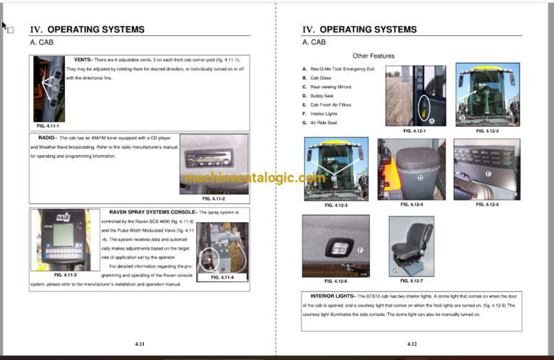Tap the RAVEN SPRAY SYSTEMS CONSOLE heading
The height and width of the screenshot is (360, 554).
(150, 212)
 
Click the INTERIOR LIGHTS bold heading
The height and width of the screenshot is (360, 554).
(332, 296)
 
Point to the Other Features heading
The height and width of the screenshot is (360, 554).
(373, 56)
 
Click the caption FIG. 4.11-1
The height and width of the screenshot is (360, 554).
(48, 126)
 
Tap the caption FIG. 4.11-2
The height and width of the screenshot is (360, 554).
(213, 198)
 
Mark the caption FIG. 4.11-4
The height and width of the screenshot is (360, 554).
(223, 278)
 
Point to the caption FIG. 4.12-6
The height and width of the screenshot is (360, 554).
(335, 281)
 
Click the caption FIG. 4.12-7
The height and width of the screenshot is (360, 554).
(411, 281)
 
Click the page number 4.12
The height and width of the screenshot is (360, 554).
(412, 344)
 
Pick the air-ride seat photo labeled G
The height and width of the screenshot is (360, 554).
(411, 245)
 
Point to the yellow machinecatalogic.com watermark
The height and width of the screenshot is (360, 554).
(255, 178)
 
